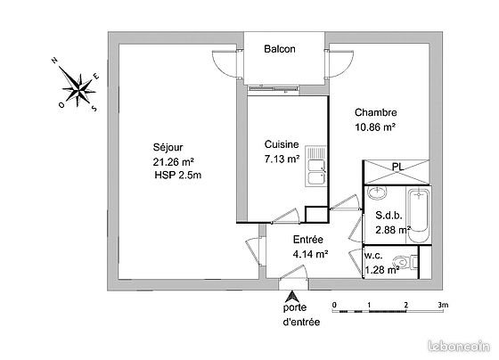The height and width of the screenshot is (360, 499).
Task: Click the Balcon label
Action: click(280, 50)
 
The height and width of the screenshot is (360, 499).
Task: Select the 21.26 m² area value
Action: click(174, 161)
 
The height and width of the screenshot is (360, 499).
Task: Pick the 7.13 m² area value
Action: click(282, 160)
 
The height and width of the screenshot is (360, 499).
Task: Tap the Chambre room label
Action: click(375, 112)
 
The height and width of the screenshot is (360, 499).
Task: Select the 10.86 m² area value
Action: click(375, 127)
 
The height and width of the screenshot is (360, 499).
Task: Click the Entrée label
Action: click(307, 240)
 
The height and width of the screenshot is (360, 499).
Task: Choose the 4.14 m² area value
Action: click(310, 254)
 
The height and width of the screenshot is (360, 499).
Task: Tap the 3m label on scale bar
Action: click(443, 304)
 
